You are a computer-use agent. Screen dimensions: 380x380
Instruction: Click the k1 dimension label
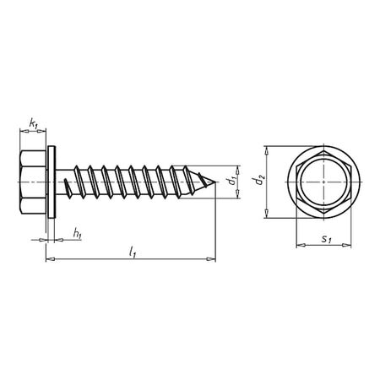coord(34,124)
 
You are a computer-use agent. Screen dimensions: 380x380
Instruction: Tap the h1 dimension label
coord(77,234)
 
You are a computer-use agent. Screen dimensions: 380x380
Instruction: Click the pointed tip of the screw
coord(216,182)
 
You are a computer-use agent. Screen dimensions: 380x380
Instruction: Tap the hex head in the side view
coord(31,182)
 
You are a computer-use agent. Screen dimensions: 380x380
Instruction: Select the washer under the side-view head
coord(51,182)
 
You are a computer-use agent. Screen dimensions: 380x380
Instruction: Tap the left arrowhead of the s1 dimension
coord(297,247)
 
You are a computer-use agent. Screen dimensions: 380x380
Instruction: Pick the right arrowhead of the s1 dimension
coord(354,247)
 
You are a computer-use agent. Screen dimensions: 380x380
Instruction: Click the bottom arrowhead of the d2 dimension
coord(268,214)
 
